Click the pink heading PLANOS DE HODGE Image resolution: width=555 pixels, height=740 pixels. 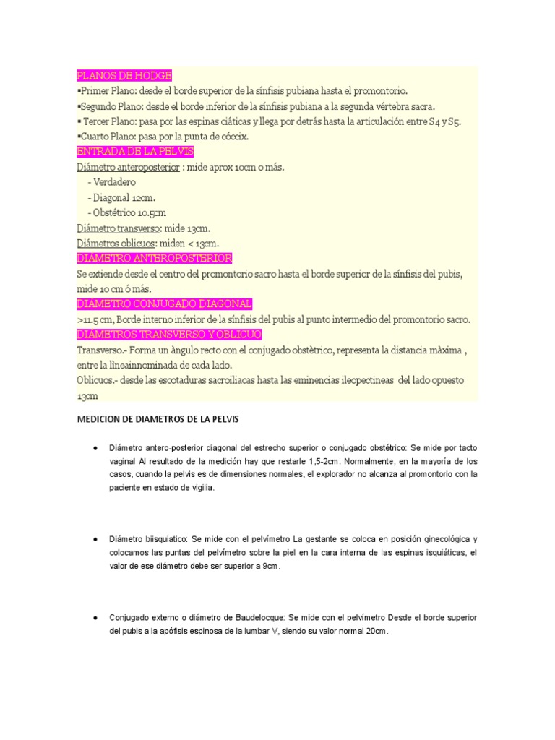click(x=124, y=76)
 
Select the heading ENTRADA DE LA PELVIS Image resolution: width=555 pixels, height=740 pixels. click(x=130, y=152)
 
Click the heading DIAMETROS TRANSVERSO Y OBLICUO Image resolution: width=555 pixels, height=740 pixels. click(x=169, y=335)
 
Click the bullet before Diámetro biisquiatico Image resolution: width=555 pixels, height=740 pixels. click(x=95, y=539)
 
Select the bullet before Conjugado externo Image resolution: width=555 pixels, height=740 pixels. click(x=95, y=618)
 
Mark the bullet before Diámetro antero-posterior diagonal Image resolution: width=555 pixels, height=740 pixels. click(x=95, y=448)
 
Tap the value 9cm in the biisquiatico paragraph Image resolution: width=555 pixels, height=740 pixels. click(x=269, y=566)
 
